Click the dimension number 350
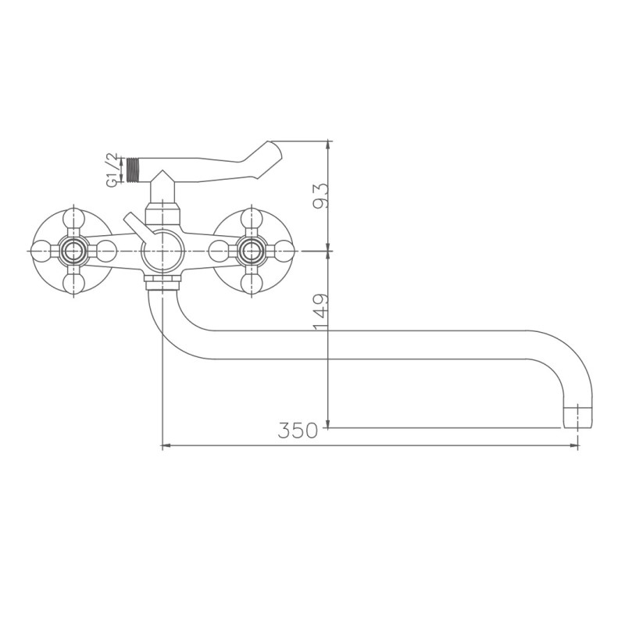click(298, 430)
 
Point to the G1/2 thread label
click(112, 170)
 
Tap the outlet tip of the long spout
click(577, 417)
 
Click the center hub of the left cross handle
click(74, 251)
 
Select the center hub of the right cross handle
click(252, 251)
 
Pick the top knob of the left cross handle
click(74, 218)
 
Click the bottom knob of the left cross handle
click(74, 284)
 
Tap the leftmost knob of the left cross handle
click(41, 251)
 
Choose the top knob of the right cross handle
click(252, 218)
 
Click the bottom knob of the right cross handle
click(252, 284)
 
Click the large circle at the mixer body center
click(162, 251)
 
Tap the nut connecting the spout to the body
click(162, 282)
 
